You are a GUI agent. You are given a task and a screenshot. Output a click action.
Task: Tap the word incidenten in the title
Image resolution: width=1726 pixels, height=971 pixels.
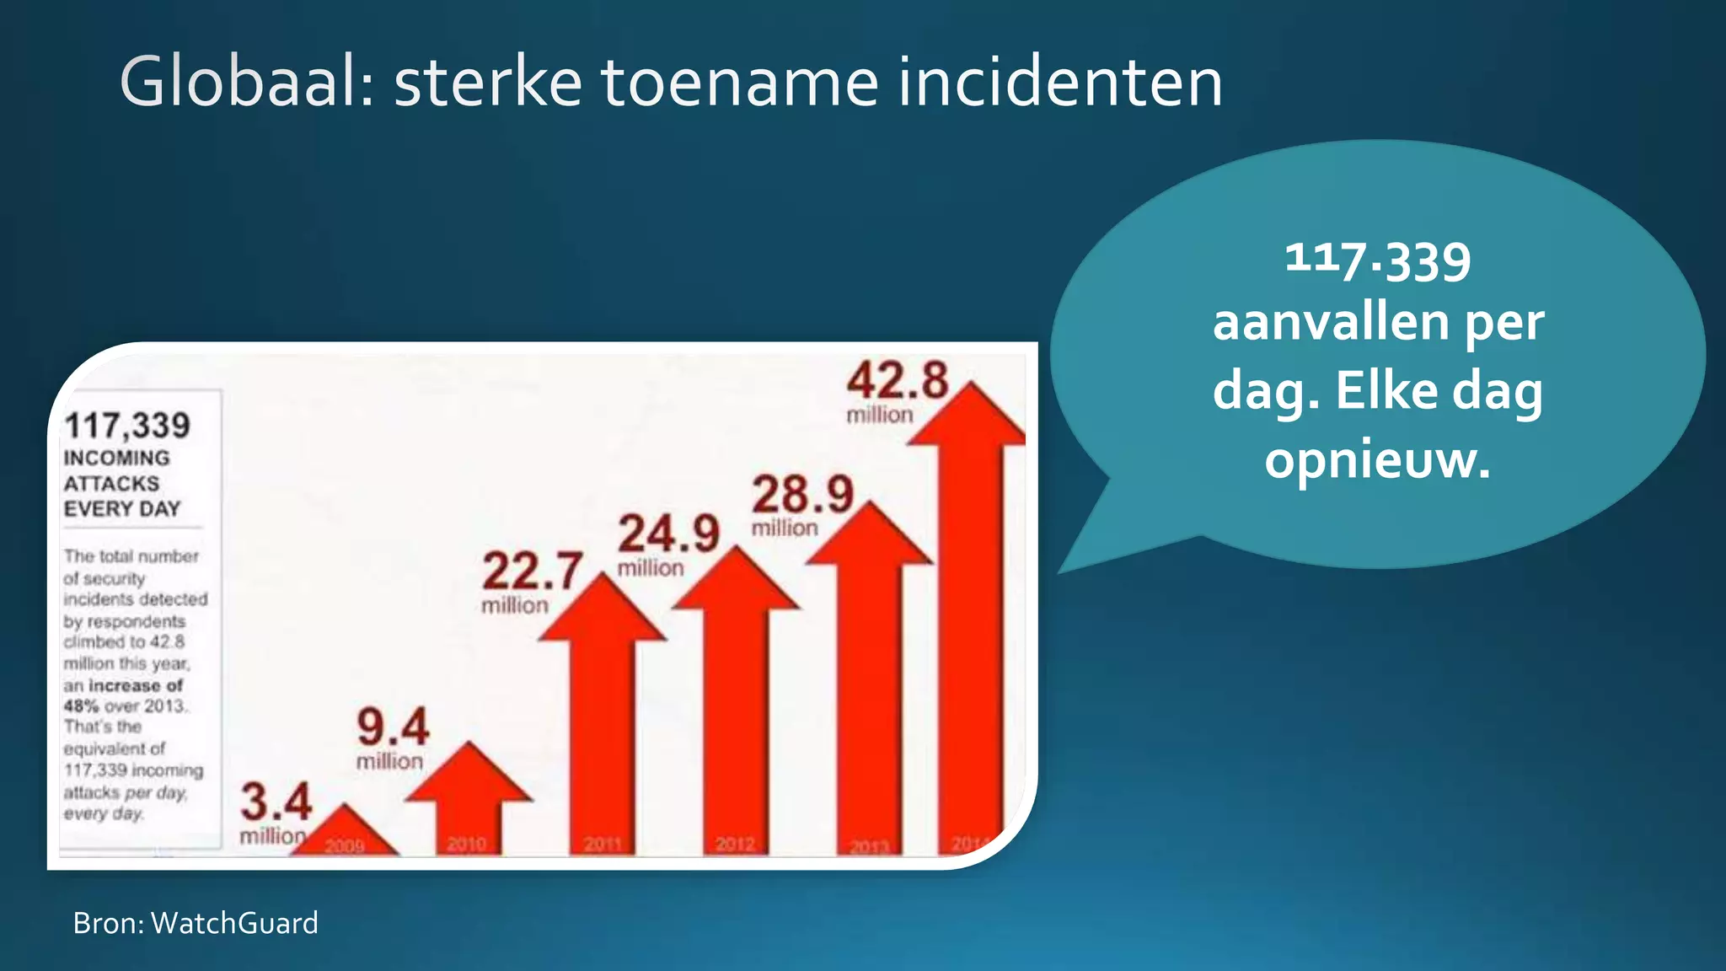tap(1059, 83)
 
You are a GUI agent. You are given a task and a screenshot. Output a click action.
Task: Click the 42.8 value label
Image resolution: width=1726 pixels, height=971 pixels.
tap(898, 381)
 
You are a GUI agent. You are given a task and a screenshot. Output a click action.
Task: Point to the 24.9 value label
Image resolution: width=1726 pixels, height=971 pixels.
tap(668, 534)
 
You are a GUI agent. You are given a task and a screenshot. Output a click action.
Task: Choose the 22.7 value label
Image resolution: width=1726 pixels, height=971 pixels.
tap(533, 571)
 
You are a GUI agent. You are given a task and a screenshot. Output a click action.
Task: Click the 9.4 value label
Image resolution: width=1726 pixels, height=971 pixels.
tap(393, 727)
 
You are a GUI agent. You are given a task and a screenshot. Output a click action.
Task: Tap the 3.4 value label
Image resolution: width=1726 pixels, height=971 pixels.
tap(276, 802)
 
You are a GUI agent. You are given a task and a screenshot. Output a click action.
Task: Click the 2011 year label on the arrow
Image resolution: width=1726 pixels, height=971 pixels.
tap(602, 844)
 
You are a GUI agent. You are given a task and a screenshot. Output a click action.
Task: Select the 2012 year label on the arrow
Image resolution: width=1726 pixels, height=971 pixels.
tap(735, 844)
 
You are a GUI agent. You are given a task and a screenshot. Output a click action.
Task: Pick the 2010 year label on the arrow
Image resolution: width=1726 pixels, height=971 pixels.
tap(466, 844)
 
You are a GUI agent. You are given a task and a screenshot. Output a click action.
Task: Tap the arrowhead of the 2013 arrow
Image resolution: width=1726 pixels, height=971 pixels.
tap(870, 535)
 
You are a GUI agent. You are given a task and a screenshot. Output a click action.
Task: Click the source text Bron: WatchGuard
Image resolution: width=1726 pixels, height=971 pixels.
tap(196, 923)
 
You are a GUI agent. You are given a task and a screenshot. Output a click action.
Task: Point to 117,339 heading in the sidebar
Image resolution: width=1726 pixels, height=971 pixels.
tap(127, 426)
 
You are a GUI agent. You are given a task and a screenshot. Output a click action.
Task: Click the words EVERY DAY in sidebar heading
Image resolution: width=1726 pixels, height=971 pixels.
tap(122, 509)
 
